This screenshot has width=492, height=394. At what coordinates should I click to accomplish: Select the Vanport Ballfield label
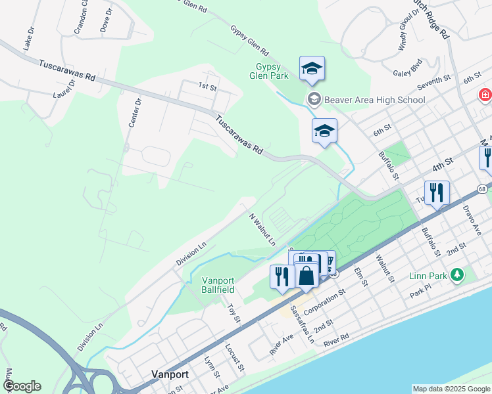click(x=218, y=284)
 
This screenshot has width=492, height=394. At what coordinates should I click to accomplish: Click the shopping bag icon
click(x=307, y=274)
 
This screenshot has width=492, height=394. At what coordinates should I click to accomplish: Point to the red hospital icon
click(x=485, y=95)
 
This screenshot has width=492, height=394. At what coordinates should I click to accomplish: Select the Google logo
click(x=22, y=386)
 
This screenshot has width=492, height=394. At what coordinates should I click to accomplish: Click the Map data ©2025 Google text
click(x=451, y=389)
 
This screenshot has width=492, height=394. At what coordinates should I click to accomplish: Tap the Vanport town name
click(x=170, y=374)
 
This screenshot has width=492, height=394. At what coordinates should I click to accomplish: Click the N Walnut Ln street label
click(x=262, y=229)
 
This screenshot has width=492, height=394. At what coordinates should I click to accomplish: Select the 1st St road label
click(x=207, y=86)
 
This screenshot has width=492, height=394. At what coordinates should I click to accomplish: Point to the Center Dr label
click(x=134, y=112)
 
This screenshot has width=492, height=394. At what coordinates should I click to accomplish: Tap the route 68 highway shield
click(x=483, y=189)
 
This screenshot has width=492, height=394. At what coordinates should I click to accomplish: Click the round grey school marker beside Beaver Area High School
click(x=314, y=100)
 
